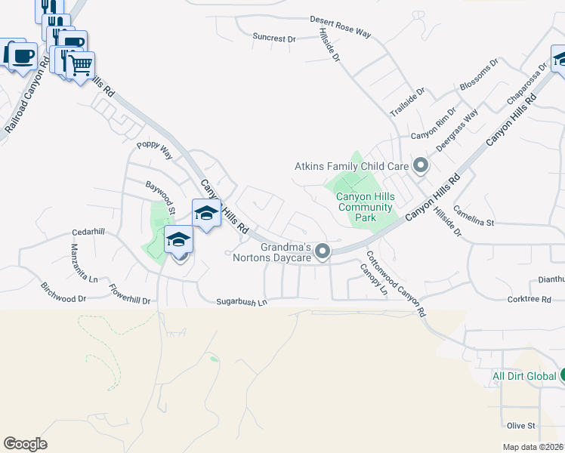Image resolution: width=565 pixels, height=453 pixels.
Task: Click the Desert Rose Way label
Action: (x=341, y=26)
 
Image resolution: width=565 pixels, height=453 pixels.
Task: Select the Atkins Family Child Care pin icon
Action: (x=421, y=165)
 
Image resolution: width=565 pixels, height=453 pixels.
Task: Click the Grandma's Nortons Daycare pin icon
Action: (x=323, y=251)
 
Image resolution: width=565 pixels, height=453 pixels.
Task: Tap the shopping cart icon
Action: (x=81, y=64)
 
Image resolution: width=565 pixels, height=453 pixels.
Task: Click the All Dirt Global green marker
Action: (x=561, y=375)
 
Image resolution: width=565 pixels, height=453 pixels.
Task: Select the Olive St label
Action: (x=521, y=426)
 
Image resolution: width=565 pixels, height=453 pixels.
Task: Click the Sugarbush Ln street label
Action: (x=242, y=302)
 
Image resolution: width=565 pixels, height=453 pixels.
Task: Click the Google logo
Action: (x=25, y=444)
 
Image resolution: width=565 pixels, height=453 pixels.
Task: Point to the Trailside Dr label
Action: (x=408, y=101)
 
